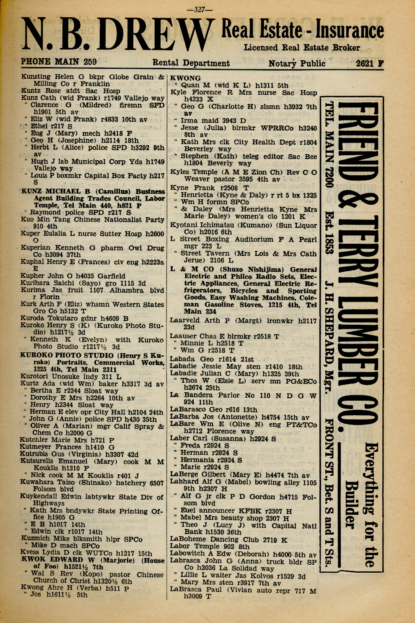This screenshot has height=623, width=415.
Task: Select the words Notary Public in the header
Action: coord(297,63)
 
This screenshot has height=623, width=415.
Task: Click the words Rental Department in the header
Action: coord(191,63)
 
